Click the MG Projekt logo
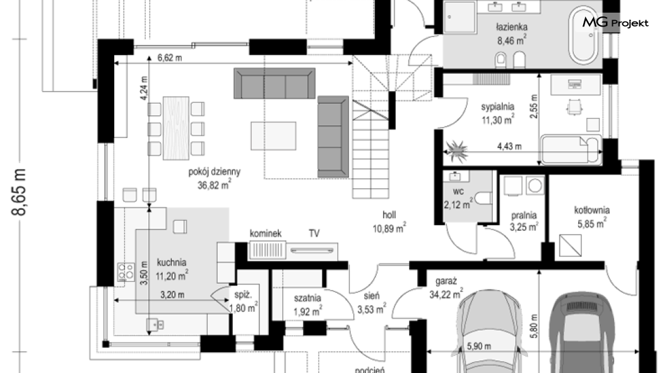pos(615,22)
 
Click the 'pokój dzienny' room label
pos(215,172)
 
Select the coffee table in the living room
pos(273,136)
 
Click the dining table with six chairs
pos(176,128)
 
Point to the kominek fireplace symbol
pos(267,250)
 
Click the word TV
pos(314,233)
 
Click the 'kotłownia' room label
pos(592,211)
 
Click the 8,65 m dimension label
pos(20,192)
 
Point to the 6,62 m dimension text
pos(170,58)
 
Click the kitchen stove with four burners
pos(126,272)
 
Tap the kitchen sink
pos(155,325)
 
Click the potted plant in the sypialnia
pos(456,151)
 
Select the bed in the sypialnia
pos(571,149)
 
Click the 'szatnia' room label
pos(307,298)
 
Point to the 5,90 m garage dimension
pos(478,346)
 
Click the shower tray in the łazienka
pos(459,17)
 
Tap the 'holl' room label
pos(389,215)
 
